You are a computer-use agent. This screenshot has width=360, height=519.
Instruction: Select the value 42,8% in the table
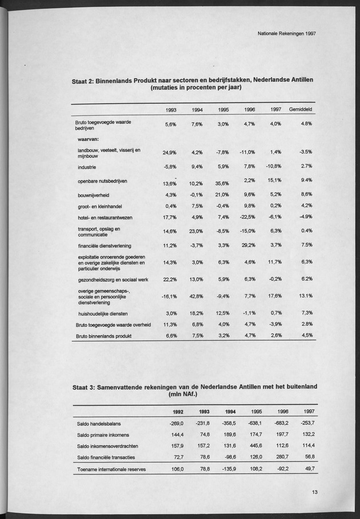[197, 297]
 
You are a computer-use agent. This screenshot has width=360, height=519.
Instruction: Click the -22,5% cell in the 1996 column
[247, 218]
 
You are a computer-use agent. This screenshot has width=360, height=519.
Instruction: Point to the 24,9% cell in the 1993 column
[169, 153]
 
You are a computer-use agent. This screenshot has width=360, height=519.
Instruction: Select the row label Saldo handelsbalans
[99, 424]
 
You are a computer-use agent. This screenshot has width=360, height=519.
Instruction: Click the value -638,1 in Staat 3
[255, 423]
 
